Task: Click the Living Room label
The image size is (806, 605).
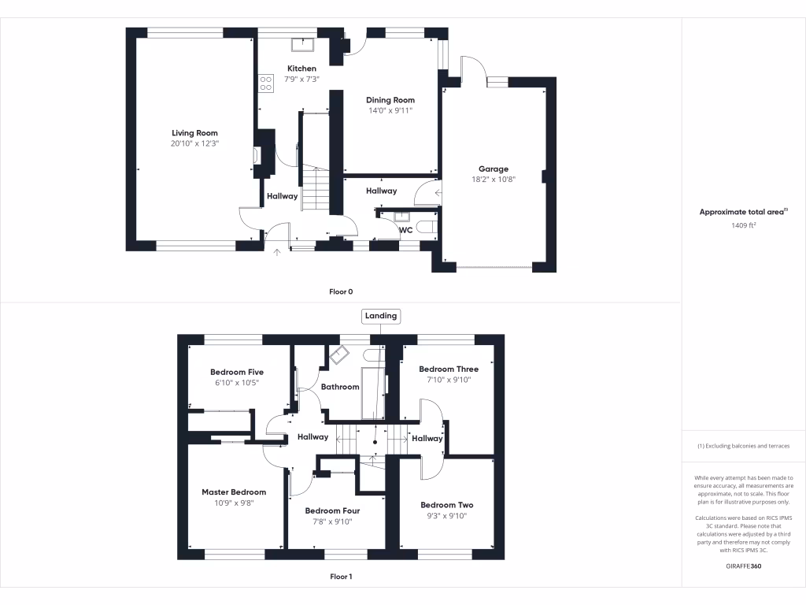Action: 194,133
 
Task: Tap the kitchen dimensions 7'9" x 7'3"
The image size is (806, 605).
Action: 301,80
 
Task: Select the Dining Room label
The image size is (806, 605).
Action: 390,100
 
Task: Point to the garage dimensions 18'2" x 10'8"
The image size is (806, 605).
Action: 494,180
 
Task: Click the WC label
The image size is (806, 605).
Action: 406,230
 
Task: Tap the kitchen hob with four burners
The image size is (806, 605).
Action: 265,83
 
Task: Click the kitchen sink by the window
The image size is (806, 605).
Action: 301,45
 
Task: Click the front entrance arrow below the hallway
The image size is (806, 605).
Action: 276,252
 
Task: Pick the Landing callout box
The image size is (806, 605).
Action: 381,316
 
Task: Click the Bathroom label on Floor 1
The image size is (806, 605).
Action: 340,387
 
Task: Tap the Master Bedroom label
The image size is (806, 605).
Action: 234,492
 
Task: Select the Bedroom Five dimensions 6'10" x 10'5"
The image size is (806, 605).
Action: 236,383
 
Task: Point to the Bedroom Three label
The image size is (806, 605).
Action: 449,369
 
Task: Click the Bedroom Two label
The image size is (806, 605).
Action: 446,505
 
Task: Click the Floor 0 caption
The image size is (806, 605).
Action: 341,291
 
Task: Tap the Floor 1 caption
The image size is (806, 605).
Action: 341,577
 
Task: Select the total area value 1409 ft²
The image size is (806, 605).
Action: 744,225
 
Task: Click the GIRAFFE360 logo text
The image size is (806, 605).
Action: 744,566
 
